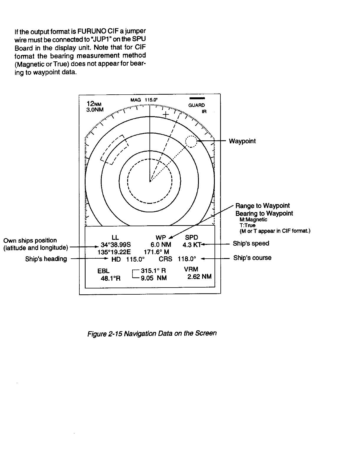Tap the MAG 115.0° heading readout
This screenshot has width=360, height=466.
point(145,100)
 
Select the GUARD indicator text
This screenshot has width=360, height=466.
point(197,105)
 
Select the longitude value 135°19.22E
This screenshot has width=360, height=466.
point(114,252)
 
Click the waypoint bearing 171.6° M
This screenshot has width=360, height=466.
point(156,252)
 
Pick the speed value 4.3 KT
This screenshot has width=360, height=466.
point(192,245)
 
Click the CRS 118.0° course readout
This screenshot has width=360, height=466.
point(177,259)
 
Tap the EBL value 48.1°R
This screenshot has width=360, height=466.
point(111,278)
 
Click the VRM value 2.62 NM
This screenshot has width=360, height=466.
point(199,277)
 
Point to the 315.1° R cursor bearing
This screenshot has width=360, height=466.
point(153,270)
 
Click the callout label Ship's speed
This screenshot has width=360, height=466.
point(251,243)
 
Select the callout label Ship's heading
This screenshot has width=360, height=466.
point(46,259)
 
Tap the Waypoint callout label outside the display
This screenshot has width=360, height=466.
point(242,141)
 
